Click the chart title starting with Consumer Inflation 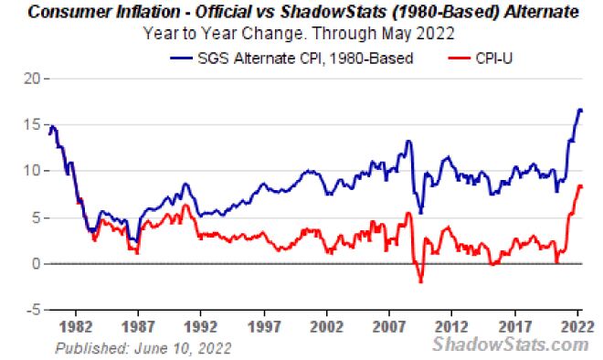click(x=301, y=13)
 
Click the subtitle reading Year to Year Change click(x=301, y=34)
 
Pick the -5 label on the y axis click(x=30, y=310)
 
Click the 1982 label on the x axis click(x=78, y=326)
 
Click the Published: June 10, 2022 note click(x=143, y=348)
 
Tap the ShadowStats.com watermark click(x=510, y=344)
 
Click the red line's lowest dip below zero click(x=420, y=281)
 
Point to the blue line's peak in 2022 click(x=579, y=110)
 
